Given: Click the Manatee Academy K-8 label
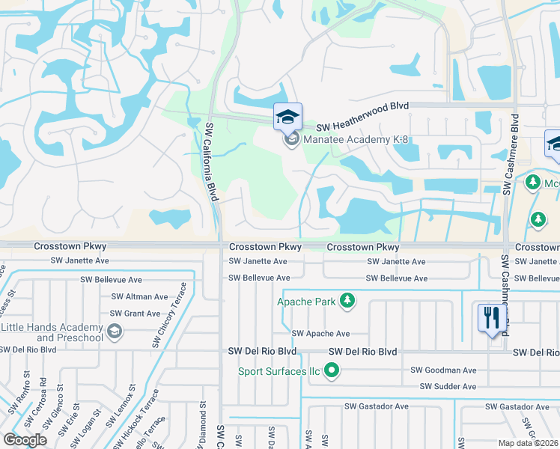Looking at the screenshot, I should click(x=355, y=139).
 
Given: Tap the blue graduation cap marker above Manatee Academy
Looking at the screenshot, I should click(x=287, y=117).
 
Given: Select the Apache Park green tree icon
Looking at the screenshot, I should click(x=347, y=302).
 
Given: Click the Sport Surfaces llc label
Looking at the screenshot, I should click(x=279, y=371).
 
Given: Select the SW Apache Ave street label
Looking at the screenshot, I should click(x=320, y=334).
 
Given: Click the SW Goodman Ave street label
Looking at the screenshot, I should click(x=443, y=370).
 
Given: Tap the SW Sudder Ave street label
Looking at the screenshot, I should click(x=448, y=387).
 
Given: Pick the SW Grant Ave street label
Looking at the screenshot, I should click(x=136, y=314).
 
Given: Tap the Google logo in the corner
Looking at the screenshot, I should click(x=25, y=440).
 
